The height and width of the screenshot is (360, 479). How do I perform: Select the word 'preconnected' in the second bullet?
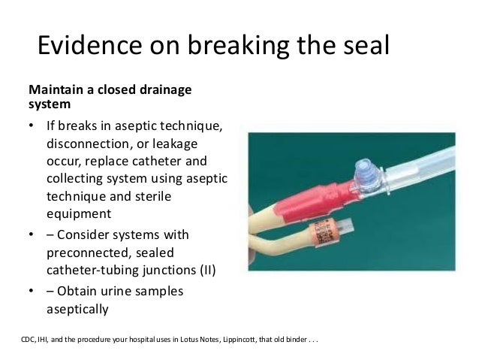pyautogui.click(x=86, y=253)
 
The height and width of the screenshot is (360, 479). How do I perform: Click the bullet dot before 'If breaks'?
pyautogui.click(x=32, y=126)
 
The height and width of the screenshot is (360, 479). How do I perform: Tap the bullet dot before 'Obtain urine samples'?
pyautogui.click(x=32, y=292)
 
